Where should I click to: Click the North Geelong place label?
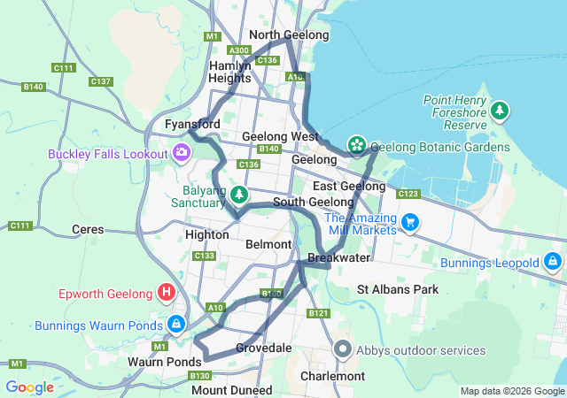click(x=289, y=35)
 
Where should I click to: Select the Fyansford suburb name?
click(x=192, y=125)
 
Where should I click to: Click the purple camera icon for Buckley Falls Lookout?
click(x=182, y=153)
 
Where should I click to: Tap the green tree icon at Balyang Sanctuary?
click(x=239, y=194)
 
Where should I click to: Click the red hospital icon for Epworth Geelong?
click(x=166, y=292)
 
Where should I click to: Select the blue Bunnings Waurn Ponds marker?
click(x=176, y=325)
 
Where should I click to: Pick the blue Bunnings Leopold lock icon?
click(x=552, y=263)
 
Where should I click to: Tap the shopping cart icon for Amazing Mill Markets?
click(x=409, y=222)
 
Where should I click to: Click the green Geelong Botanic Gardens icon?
click(x=356, y=145)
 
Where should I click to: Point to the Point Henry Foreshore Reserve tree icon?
click(x=501, y=111)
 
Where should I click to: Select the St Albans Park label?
click(x=398, y=289)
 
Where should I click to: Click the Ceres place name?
click(x=88, y=230)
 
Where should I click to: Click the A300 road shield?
click(x=238, y=50)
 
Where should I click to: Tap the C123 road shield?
click(x=408, y=193)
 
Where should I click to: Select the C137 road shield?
click(x=101, y=81)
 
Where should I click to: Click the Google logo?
click(x=29, y=387)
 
